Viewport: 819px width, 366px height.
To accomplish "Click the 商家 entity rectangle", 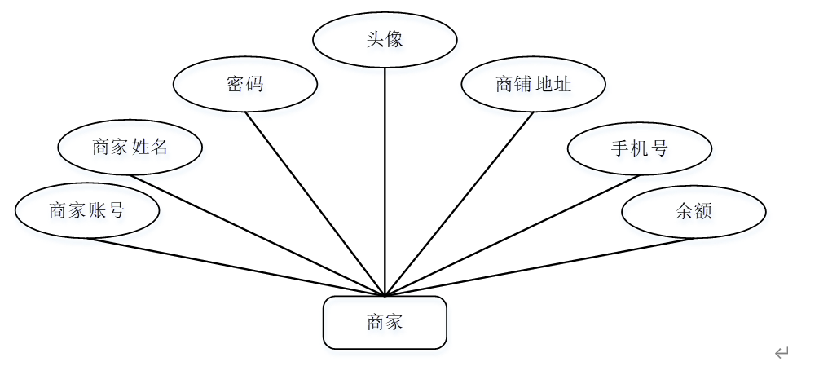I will [x=385, y=323].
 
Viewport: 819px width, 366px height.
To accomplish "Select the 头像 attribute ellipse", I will [x=385, y=39].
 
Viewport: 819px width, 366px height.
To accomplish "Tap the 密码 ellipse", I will [x=244, y=83].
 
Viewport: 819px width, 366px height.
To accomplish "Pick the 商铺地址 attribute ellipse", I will [x=533, y=84].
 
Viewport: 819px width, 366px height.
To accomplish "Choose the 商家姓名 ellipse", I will [x=130, y=148].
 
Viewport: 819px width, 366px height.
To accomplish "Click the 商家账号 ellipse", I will [x=86, y=211].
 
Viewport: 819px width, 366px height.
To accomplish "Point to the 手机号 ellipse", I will [x=639, y=148].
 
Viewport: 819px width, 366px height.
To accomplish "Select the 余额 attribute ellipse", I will [x=694, y=212].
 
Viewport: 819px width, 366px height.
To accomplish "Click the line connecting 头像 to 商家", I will [x=385, y=179].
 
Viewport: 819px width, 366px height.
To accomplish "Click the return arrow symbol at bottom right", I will [x=782, y=352].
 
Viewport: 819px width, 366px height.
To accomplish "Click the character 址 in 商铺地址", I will [x=562, y=84].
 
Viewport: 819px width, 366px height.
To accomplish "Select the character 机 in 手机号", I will [x=639, y=148].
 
